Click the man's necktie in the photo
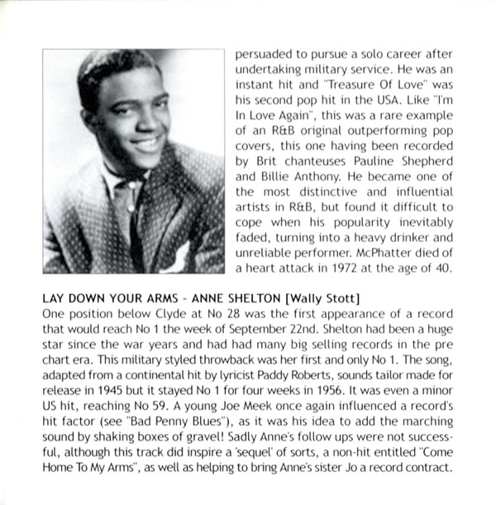(x=138, y=223)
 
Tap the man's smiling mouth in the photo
(x=146, y=144)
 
